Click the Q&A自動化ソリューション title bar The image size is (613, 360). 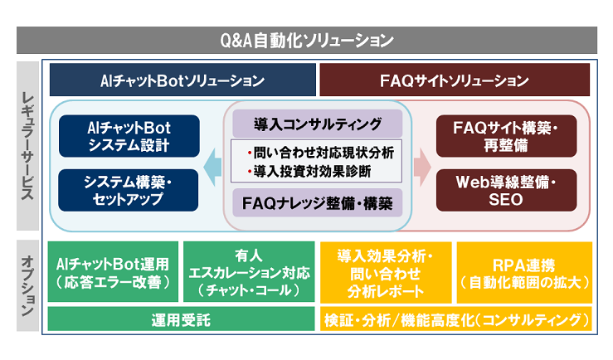306,40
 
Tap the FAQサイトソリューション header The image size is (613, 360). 454,81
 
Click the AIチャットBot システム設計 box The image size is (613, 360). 128,137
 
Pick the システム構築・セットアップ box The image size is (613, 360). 128,190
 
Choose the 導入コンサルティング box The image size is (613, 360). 317,124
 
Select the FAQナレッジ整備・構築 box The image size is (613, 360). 317,202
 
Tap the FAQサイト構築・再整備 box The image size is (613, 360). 506,137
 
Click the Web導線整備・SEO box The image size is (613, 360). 506,190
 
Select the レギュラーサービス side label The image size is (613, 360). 27,145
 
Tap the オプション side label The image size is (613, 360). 27,285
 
